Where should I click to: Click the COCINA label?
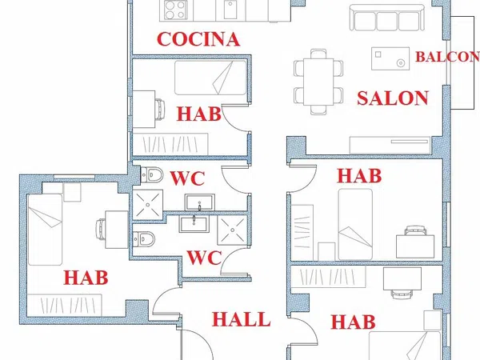pyautogui.click(x=198, y=39)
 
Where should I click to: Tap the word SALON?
pyautogui.click(x=393, y=98)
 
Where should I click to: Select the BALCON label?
pyautogui.click(x=447, y=57)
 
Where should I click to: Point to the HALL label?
pyautogui.click(x=242, y=319)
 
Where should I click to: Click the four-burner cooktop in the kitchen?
pyautogui.click(x=174, y=10)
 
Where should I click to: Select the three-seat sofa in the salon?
pyautogui.click(x=387, y=17)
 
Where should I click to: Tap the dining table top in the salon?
pyautogui.click(x=318, y=82)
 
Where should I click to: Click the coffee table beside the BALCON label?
pyautogui.click(x=390, y=58)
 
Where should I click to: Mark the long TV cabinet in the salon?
pyautogui.click(x=390, y=145)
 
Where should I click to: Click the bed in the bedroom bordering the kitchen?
pyautogui.click(x=210, y=78)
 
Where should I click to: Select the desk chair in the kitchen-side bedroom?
pyautogui.click(x=161, y=109)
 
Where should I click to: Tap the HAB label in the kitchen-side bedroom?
pyautogui.click(x=198, y=114)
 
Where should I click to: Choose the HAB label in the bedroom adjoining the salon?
pyautogui.click(x=359, y=176)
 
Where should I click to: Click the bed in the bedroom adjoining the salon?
pyautogui.click(x=355, y=224)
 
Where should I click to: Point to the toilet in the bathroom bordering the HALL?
pyautogui.click(x=144, y=238)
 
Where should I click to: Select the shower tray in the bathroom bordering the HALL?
pyautogui.click(x=232, y=230)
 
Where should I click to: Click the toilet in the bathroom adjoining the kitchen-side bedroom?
pyautogui.click(x=152, y=174)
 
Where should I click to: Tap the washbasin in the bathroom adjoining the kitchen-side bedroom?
pyautogui.click(x=199, y=202)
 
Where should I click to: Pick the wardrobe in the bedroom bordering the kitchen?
pyautogui.click(x=170, y=144)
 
